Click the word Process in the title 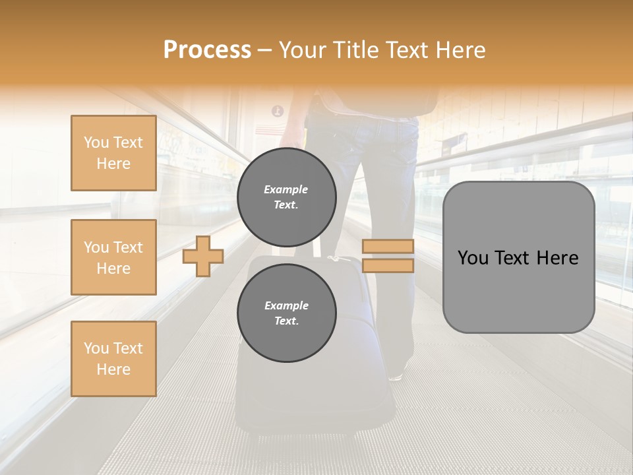pyautogui.click(x=207, y=50)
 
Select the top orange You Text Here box pyautogui.click(x=113, y=153)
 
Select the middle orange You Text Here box pyautogui.click(x=113, y=257)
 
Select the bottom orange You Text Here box pyautogui.click(x=113, y=359)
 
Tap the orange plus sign pyautogui.click(x=203, y=256)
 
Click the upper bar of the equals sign pyautogui.click(x=388, y=246)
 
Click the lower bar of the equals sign pyautogui.click(x=388, y=265)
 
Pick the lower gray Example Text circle pyautogui.click(x=287, y=313)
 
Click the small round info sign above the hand pyautogui.click(x=278, y=111)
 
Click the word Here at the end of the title pyautogui.click(x=460, y=50)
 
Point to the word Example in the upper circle pyautogui.click(x=286, y=189)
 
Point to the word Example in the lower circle pyautogui.click(x=286, y=305)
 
